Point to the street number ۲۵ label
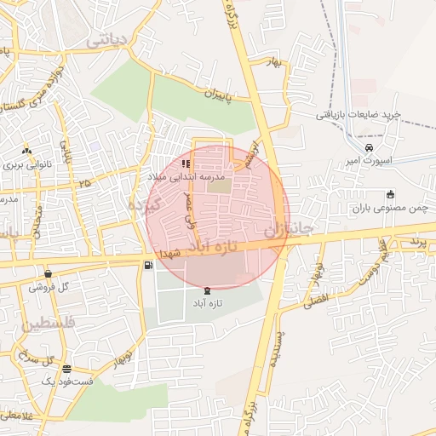(84, 183)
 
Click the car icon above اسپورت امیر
(369, 147)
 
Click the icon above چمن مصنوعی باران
(390, 194)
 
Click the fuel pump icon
(150, 267)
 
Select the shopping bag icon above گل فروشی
(48, 273)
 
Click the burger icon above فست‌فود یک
(66, 369)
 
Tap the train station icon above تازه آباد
(209, 290)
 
